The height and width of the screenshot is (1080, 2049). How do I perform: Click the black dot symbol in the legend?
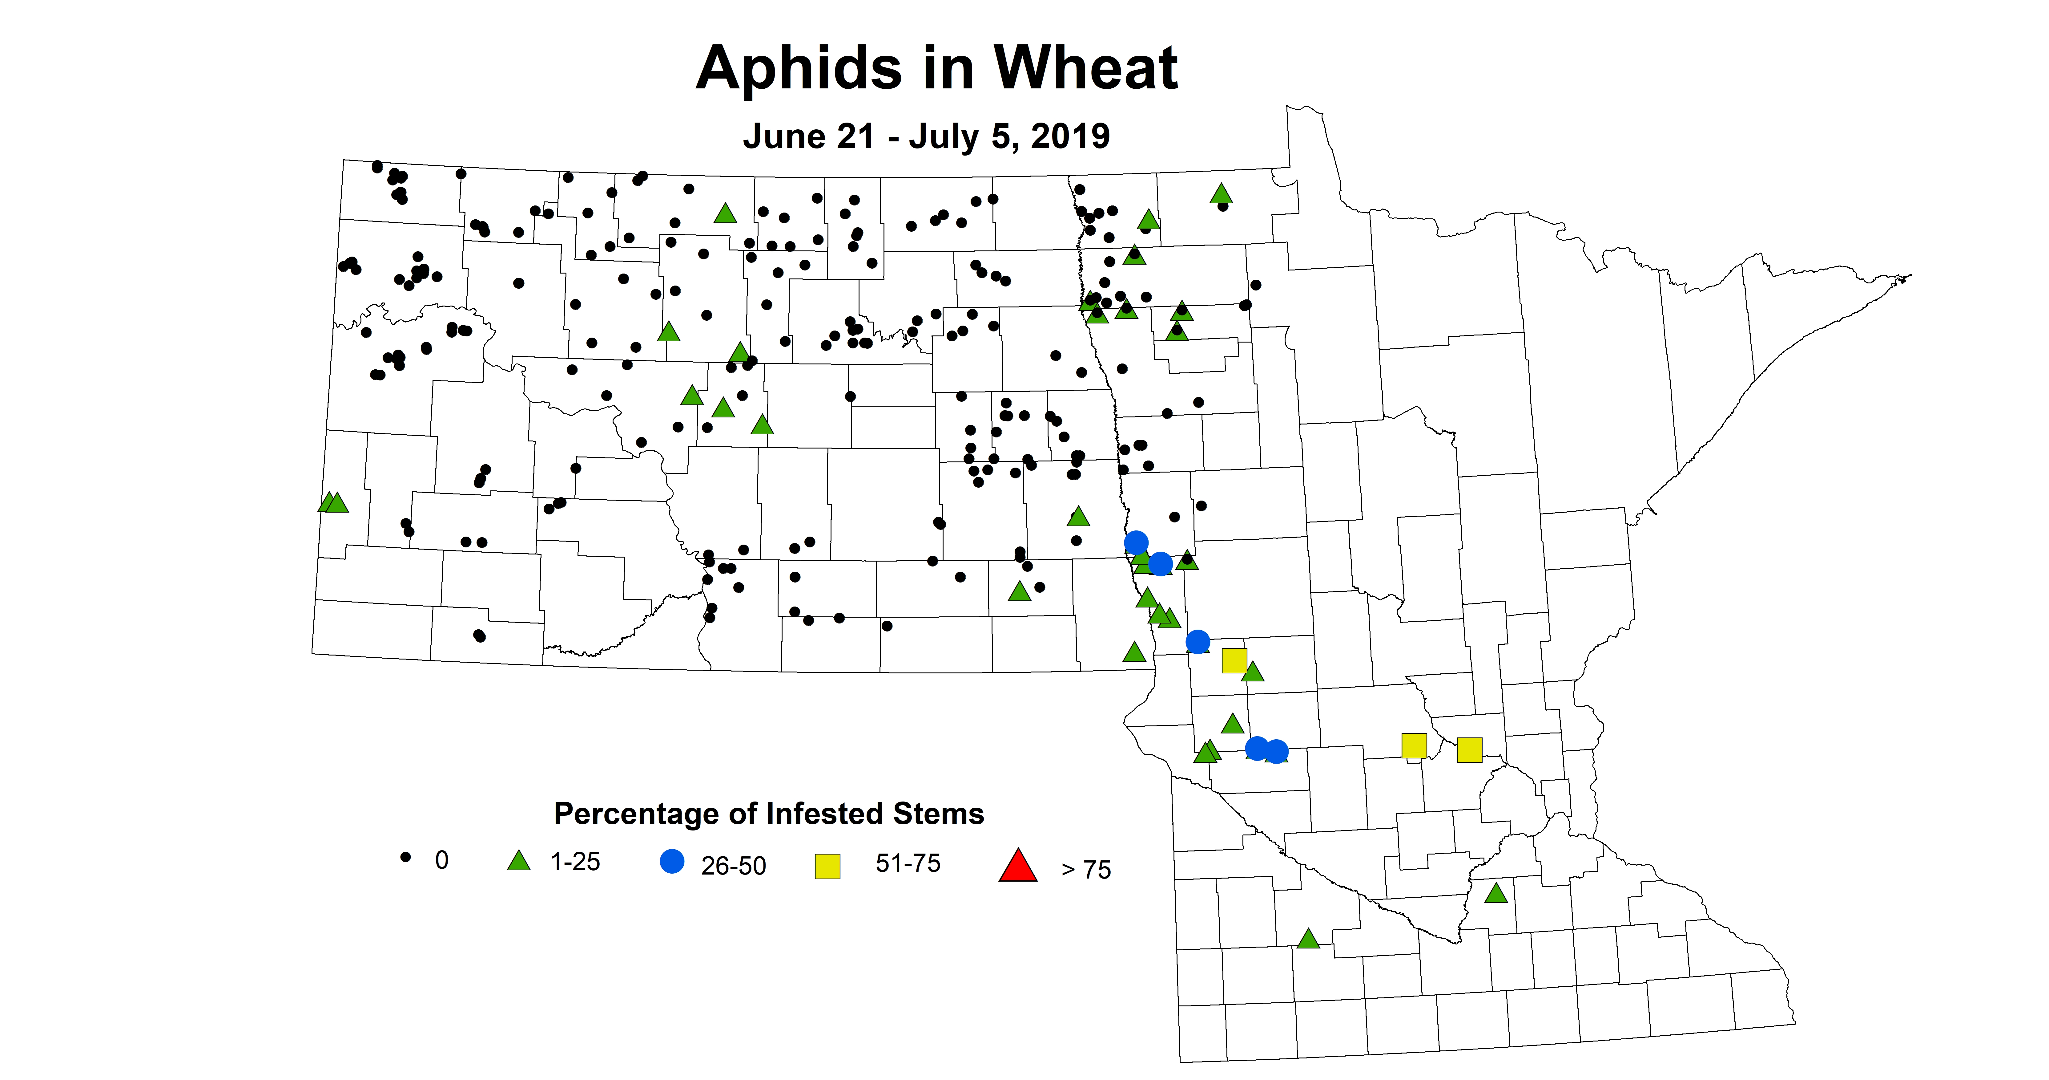coord(406,857)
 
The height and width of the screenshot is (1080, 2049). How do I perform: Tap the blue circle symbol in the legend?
coord(672,861)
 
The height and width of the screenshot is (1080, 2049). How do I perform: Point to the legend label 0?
coord(441,860)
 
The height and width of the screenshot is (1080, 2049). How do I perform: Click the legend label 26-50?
coord(733,866)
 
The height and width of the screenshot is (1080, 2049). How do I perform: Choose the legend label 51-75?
coord(908,863)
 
